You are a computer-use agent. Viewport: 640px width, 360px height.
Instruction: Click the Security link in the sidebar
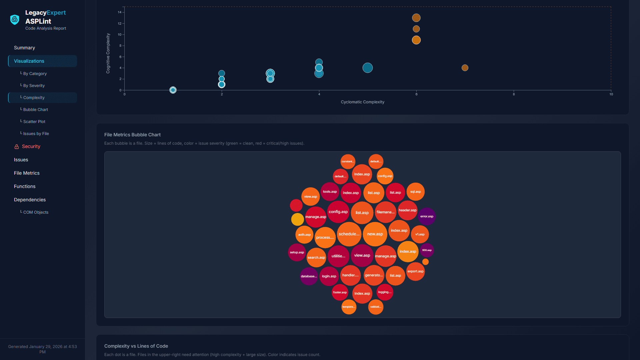(x=31, y=147)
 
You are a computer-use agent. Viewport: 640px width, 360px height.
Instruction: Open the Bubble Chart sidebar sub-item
(x=36, y=110)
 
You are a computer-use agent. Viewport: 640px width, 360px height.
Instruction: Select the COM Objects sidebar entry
(x=36, y=212)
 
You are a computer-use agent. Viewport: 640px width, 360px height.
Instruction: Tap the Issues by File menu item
(x=36, y=134)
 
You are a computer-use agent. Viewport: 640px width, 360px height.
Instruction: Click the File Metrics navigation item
(x=27, y=173)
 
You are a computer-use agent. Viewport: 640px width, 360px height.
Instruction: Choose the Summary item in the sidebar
(x=24, y=48)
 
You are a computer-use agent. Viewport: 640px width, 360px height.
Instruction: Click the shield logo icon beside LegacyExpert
(x=15, y=20)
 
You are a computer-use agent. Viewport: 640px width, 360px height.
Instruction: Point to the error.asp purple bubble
(x=427, y=216)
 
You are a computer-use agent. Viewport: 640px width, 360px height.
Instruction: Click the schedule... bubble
(x=349, y=234)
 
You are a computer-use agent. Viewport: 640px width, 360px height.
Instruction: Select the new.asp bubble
(x=375, y=234)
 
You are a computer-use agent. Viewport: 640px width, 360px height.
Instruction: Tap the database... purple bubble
(x=309, y=276)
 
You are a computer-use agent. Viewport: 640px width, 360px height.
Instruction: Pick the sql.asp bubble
(x=415, y=192)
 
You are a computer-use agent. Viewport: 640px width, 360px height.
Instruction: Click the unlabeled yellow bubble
(x=297, y=219)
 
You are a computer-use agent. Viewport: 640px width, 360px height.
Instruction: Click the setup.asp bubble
(x=297, y=252)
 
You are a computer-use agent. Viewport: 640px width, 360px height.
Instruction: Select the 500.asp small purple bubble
(x=427, y=250)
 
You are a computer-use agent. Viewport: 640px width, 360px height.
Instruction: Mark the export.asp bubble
(x=415, y=271)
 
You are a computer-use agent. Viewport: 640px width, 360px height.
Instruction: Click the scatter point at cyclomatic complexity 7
(x=465, y=68)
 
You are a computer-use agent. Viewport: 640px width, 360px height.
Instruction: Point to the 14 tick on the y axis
(x=120, y=12)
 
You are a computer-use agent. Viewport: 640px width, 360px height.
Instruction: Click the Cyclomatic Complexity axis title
(x=362, y=102)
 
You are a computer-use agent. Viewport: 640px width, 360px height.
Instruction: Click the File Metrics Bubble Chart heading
(x=132, y=135)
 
